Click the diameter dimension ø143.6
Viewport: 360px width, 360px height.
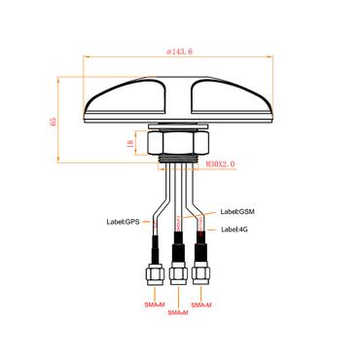pos(179,52)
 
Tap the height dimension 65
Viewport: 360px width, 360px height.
pos(53,122)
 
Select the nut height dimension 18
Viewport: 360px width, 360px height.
pos(129,143)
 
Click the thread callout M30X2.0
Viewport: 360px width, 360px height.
pos(220,164)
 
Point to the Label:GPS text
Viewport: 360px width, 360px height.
pos(123,222)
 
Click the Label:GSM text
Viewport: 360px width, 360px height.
pos(237,212)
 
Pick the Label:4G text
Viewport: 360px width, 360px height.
pos(234,230)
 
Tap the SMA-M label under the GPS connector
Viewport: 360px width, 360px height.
pos(155,305)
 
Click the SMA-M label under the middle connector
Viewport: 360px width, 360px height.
pos(178,313)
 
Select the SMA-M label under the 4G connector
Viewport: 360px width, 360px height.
pos(201,305)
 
